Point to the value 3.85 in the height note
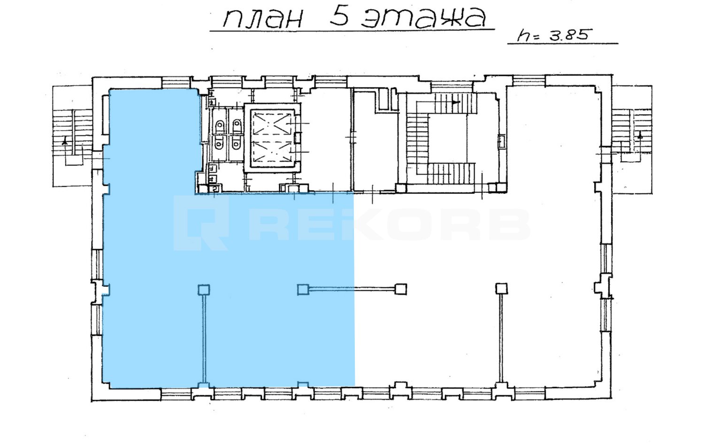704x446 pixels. coord(568,35)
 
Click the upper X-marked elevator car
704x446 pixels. coord(271,123)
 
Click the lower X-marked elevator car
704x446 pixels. coord(271,152)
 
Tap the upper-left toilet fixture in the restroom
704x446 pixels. coord(220,126)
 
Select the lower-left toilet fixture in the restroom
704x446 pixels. coord(219,144)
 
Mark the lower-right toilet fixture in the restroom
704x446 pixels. coord(236,144)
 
